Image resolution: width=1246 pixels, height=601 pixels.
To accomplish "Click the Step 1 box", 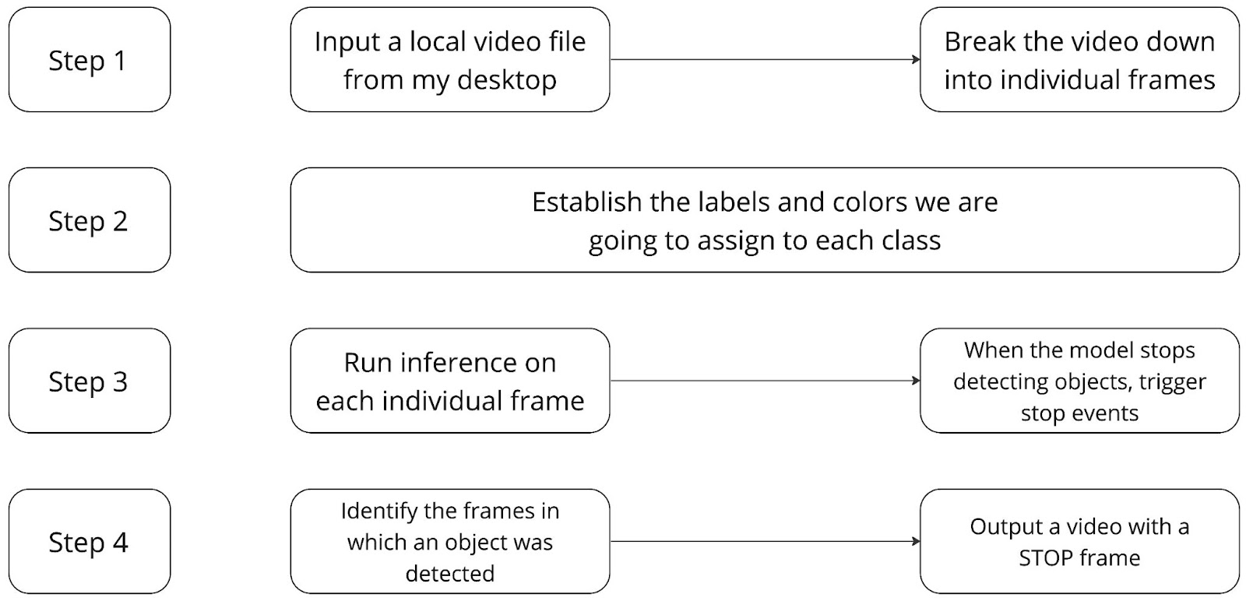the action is point(90,59).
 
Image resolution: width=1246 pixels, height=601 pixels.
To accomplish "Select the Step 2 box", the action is point(90,220).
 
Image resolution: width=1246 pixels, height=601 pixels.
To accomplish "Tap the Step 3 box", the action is point(90,381).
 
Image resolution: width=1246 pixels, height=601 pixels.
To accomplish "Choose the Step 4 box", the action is point(90,542).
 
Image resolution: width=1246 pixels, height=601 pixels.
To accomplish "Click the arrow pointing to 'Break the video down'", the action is point(765,59).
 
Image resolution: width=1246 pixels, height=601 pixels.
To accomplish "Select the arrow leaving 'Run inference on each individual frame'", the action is point(765,381).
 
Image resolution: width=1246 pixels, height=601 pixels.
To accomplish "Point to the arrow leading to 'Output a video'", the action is point(765,542).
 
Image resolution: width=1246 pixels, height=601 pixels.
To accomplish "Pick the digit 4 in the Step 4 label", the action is point(121,542).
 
